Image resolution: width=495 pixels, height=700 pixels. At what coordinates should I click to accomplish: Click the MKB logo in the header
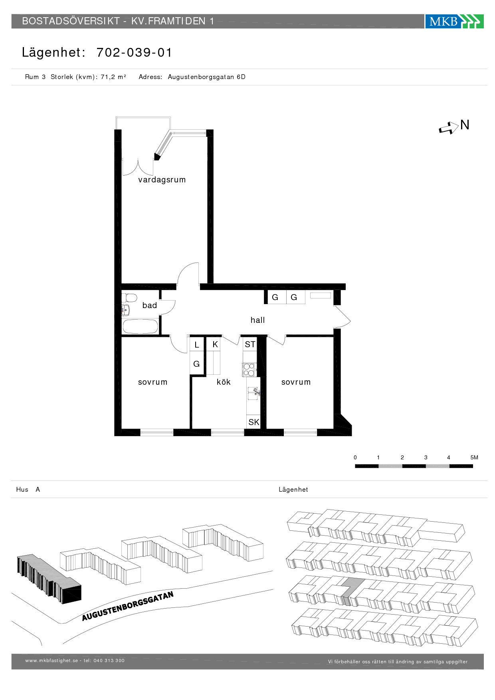click(454, 21)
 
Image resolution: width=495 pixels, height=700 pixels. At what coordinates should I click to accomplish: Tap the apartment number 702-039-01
click(134, 53)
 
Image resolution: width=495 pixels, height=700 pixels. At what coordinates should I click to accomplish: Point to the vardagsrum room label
click(162, 180)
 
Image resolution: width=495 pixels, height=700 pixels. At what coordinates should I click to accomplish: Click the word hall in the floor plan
click(257, 320)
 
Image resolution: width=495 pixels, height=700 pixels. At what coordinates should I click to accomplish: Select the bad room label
click(150, 305)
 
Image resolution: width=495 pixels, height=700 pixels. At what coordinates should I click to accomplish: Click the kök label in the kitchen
click(224, 382)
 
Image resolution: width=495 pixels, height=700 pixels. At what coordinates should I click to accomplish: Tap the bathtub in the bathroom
click(140, 326)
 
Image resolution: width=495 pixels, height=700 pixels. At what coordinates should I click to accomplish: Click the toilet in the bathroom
click(129, 298)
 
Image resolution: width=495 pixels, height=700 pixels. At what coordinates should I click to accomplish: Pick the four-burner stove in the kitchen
click(249, 370)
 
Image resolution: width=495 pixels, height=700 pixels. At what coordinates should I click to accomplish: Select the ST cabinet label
click(250, 344)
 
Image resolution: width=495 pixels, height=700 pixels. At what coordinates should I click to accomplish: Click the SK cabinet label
click(254, 422)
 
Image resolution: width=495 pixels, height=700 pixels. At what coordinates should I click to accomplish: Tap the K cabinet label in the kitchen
click(215, 344)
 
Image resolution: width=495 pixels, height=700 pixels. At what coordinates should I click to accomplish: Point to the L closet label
click(197, 345)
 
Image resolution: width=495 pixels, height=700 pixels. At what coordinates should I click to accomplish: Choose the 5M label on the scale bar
click(474, 457)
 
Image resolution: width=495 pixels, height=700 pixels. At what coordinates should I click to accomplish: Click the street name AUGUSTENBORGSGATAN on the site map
click(128, 606)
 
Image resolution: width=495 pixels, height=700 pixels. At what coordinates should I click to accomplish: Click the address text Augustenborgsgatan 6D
click(206, 77)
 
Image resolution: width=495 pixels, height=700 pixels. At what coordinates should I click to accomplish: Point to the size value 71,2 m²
click(113, 77)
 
